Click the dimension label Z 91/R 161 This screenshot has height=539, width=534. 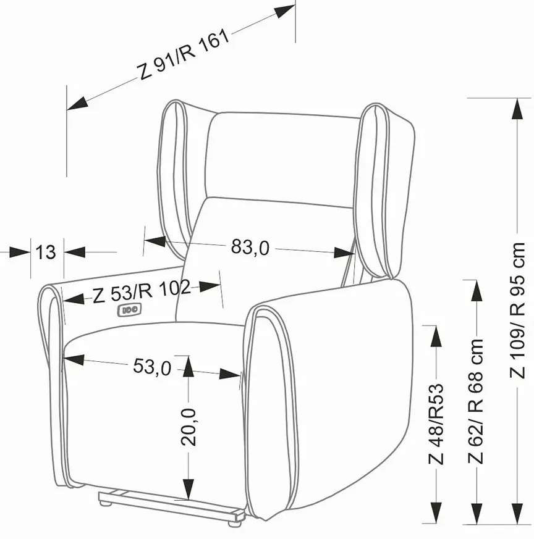click(184, 55)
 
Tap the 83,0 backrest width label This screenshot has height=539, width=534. click(250, 247)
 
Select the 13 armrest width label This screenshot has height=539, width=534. click(46, 253)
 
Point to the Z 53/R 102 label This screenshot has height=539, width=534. click(142, 292)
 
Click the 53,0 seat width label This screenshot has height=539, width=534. click(152, 367)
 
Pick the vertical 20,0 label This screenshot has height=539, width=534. click(189, 427)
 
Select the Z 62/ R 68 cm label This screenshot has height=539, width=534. click(475, 401)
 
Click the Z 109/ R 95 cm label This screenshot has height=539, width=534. click(517, 310)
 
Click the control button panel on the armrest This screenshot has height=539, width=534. click(129, 310)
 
